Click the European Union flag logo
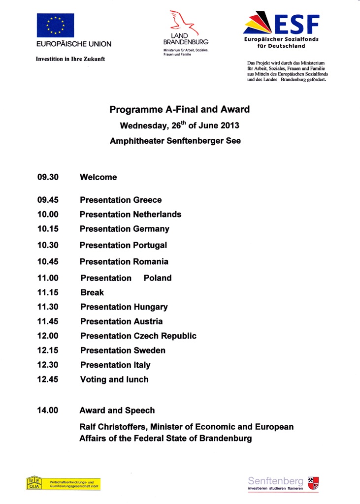coord(55,26)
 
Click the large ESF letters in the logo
coord(296,25)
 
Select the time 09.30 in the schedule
coord(48,177)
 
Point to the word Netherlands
coord(157,214)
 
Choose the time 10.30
coord(48,245)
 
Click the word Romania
coord(150,261)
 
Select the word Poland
coord(158,278)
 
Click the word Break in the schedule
coord(92,292)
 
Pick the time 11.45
coord(48,321)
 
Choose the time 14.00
coord(48,410)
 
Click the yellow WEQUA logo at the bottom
coord(63,483)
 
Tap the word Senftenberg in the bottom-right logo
coord(276,480)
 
